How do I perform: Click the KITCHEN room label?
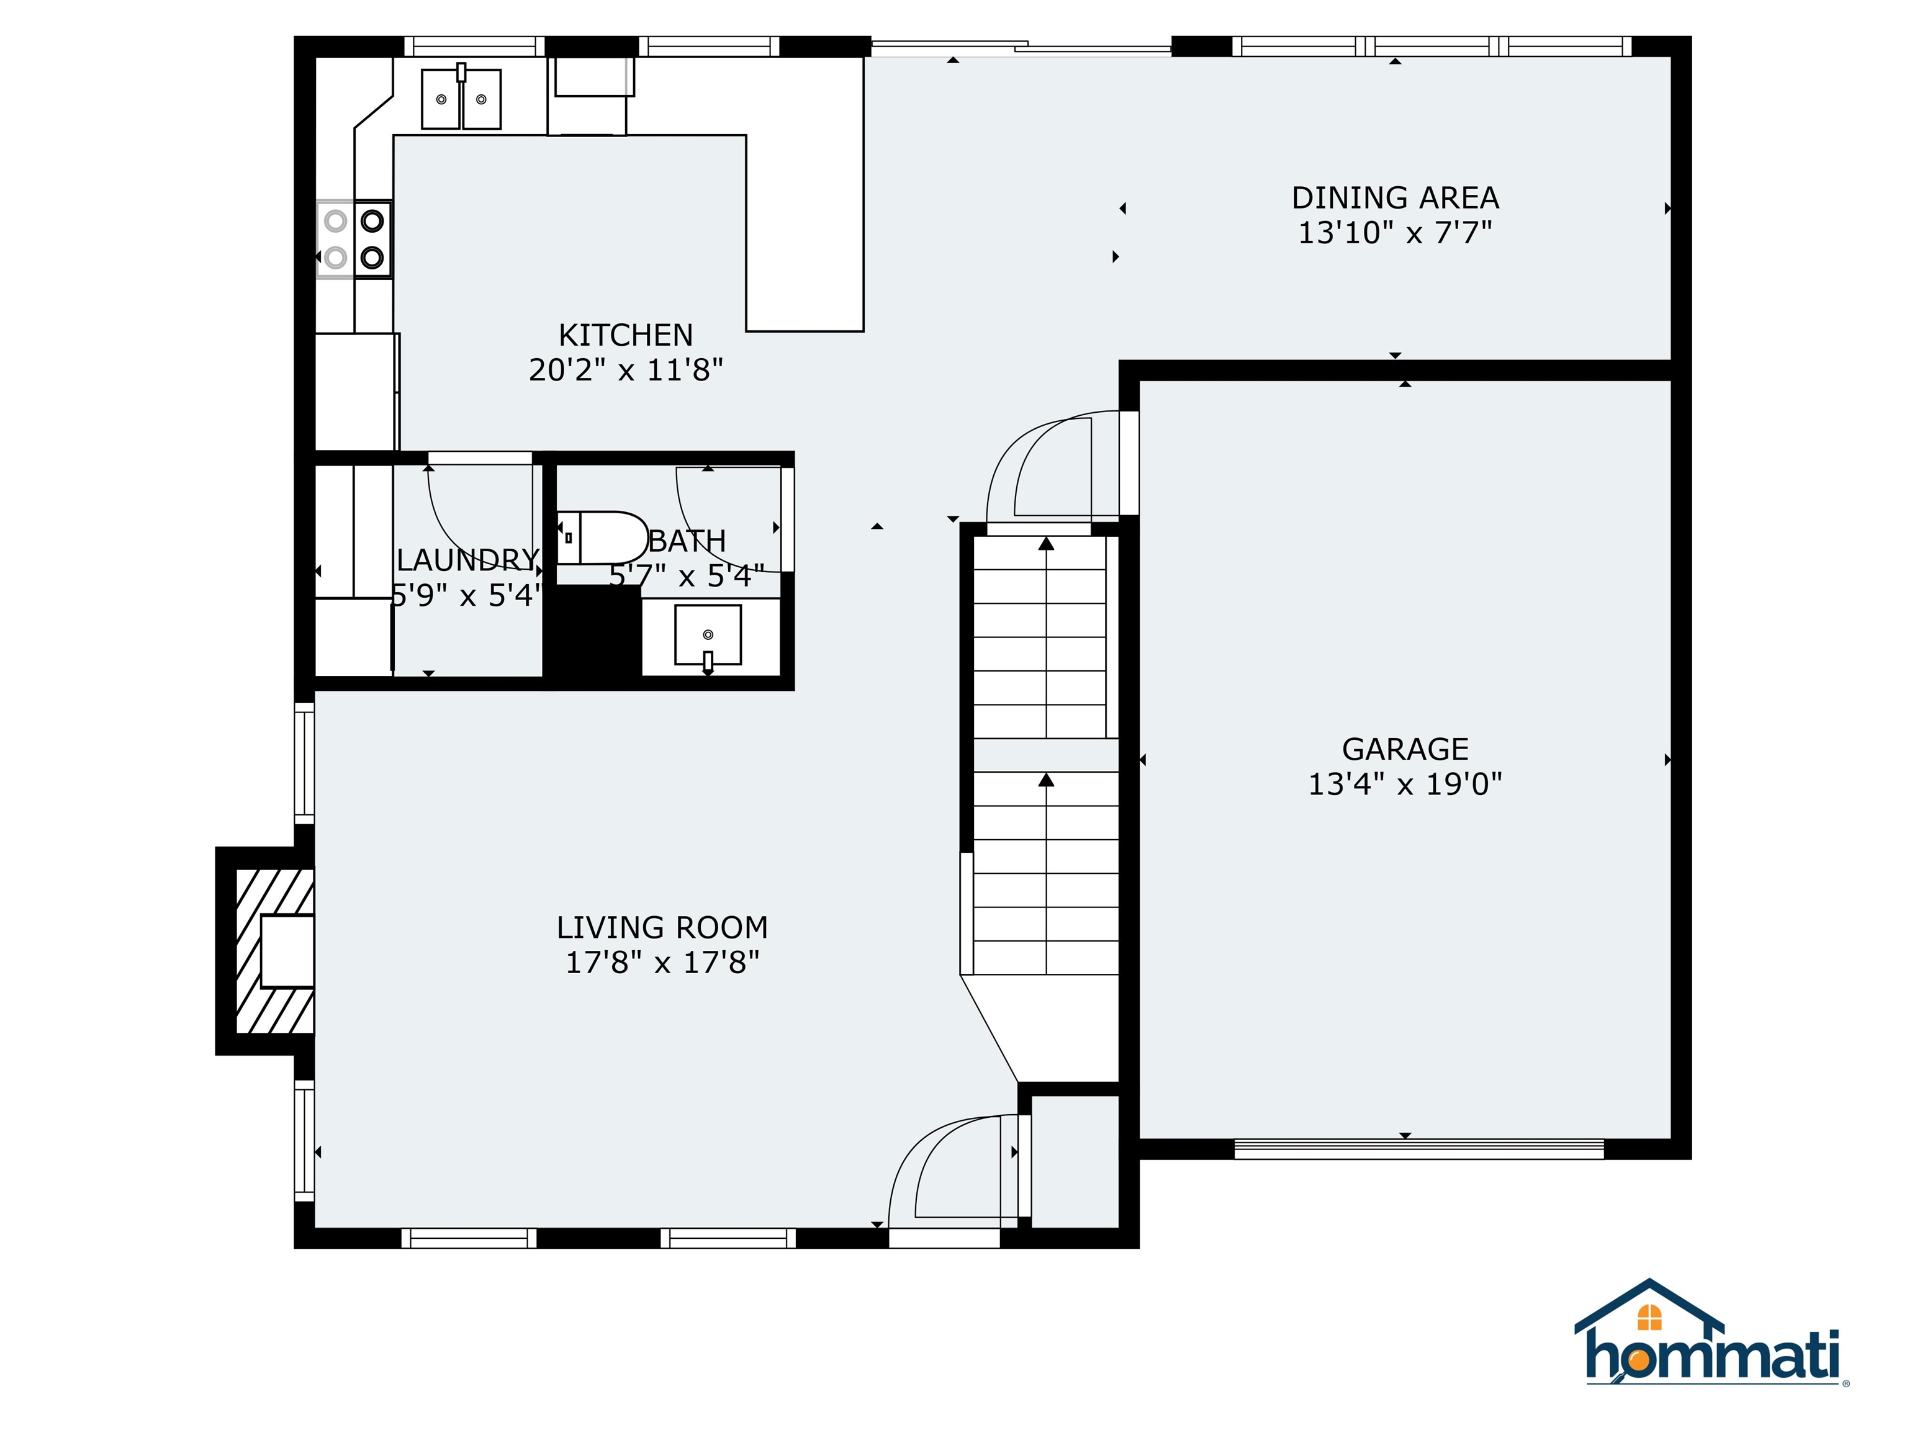point(625,335)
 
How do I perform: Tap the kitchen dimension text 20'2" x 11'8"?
point(625,370)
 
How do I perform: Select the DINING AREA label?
point(1394,197)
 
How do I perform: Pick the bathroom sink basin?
point(707,634)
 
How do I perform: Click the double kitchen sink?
point(461,99)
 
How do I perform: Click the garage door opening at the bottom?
point(1418,1148)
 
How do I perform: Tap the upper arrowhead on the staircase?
point(1046,544)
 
